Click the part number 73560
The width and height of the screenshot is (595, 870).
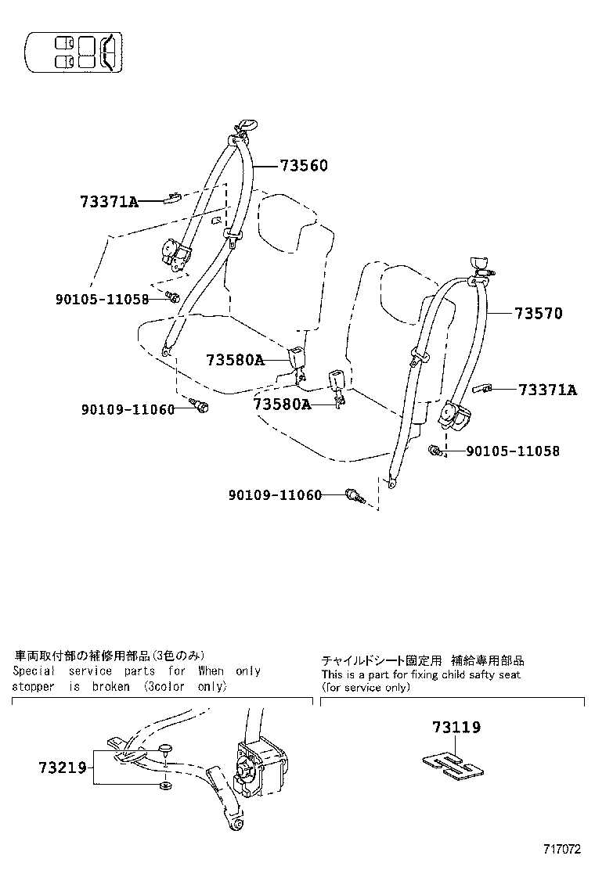(x=304, y=165)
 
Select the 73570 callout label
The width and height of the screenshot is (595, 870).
(x=539, y=314)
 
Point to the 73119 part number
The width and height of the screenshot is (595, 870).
(x=456, y=727)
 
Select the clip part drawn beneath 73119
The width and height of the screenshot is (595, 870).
(x=450, y=764)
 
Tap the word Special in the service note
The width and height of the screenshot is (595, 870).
(x=34, y=670)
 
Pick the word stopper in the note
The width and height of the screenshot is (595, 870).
(x=33, y=686)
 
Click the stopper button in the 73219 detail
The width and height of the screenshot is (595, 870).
(x=165, y=750)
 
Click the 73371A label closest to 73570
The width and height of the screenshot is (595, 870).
(x=547, y=390)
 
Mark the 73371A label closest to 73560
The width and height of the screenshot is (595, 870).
(x=109, y=202)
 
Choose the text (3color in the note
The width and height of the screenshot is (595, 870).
(x=167, y=686)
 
